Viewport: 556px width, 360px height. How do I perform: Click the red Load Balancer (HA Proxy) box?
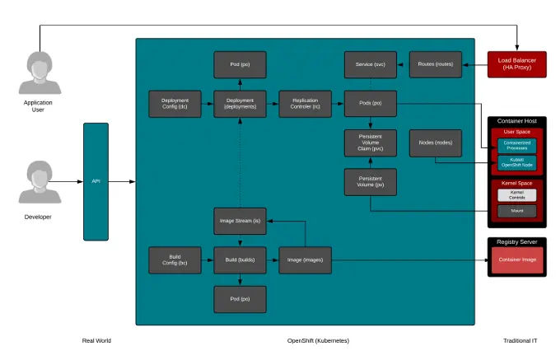pyautogui.click(x=516, y=64)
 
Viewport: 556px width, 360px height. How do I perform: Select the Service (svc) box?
pyautogui.click(x=370, y=64)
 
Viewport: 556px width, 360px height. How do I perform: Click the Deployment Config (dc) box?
pyautogui.click(x=175, y=104)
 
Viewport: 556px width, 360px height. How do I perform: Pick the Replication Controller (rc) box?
pyautogui.click(x=305, y=104)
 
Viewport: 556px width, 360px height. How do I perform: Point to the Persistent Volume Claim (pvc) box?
pyautogui.click(x=370, y=143)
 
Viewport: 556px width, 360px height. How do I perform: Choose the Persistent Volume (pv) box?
pyautogui.click(x=370, y=182)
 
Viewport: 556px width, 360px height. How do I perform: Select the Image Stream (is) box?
pyautogui.click(x=240, y=221)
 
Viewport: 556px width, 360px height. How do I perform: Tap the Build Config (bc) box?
pyautogui.click(x=175, y=259)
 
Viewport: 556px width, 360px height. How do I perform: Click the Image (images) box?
pyautogui.click(x=305, y=259)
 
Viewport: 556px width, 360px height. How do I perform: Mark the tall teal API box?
pyautogui.click(x=96, y=181)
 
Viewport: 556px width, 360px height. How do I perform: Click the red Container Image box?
pyautogui.click(x=516, y=260)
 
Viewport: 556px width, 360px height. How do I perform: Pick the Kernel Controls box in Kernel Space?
pyautogui.click(x=516, y=195)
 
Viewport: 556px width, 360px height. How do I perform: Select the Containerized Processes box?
pyautogui.click(x=516, y=145)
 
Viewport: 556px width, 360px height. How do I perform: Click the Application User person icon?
pyautogui.click(x=39, y=72)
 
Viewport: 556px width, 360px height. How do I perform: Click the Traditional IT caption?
pyautogui.click(x=520, y=340)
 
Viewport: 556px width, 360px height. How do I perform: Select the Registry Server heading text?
pyautogui.click(x=516, y=241)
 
